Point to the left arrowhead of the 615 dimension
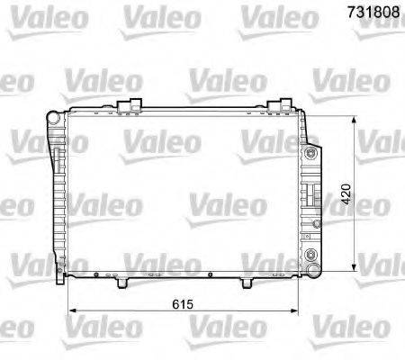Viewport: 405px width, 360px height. click(73, 310)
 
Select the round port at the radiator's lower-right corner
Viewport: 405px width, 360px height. click(312, 266)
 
